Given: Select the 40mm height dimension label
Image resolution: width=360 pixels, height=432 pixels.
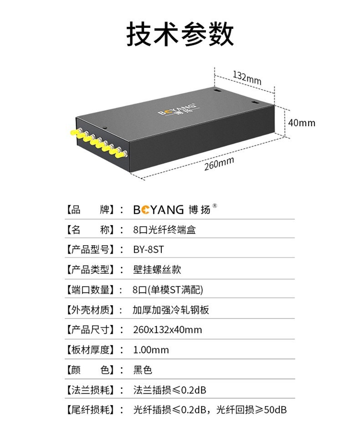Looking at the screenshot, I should coord(301,123).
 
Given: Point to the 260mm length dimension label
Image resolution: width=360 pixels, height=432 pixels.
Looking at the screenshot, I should coord(219,163).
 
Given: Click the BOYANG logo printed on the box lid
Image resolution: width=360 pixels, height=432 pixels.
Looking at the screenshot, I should coord(176,110).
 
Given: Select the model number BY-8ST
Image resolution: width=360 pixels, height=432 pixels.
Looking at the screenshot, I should coord(148,249).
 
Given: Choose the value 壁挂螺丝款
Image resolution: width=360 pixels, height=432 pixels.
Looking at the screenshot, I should coord(157,269).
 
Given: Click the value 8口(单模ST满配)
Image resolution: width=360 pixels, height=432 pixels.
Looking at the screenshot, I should coord(168,289).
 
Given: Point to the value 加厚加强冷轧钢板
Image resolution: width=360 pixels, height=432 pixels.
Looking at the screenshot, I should coord(171,310).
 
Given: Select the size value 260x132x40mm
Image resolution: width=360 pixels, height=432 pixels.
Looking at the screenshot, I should coord(167,329).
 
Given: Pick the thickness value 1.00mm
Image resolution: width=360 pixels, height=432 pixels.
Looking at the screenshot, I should coord(151,350).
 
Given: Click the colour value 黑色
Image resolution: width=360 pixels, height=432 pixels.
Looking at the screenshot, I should coord(142,370).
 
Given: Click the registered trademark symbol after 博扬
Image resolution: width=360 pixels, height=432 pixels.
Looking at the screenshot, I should coord(215,206).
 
